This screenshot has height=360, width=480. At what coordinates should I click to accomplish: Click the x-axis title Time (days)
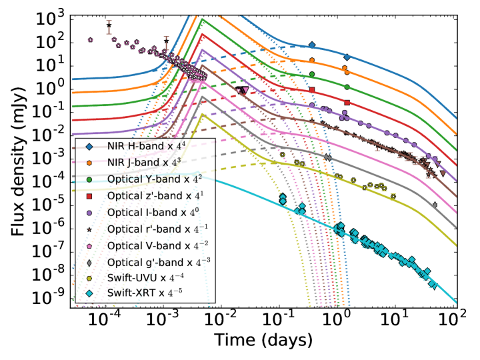263,340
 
